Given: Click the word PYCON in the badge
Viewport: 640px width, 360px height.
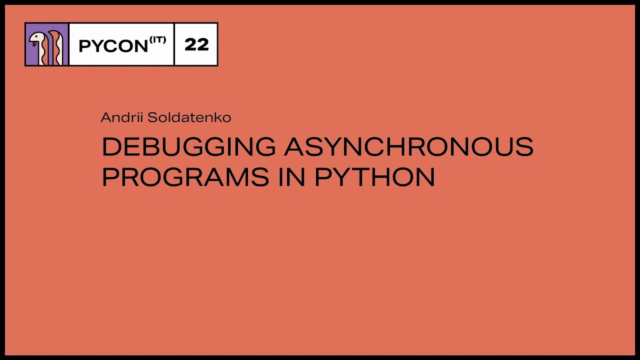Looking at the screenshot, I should [113, 46].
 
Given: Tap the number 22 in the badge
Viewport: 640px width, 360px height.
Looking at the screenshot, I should [196, 44].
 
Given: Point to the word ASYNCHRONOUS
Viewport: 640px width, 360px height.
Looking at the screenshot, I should [408, 146].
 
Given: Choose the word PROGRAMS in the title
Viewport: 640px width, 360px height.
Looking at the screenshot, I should [185, 177].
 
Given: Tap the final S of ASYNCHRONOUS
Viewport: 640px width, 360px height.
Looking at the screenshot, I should [524, 146].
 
